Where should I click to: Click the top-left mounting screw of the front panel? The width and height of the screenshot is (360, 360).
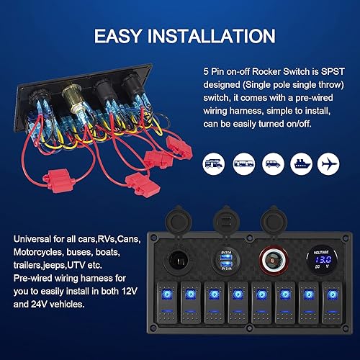(154, 237)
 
